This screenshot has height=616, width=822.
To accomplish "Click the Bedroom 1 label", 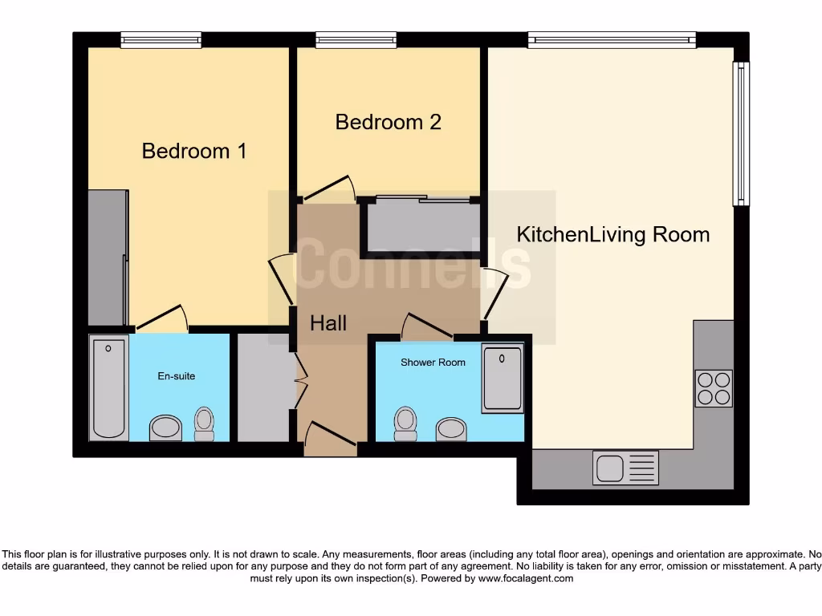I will click(x=193, y=151).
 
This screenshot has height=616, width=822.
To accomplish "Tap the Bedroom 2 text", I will click(x=388, y=122).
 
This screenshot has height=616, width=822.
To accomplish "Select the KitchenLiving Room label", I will click(x=612, y=235).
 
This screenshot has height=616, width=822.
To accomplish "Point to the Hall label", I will click(x=328, y=323).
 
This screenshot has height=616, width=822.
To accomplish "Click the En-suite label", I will click(x=175, y=375).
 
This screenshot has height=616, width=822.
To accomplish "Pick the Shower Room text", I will click(x=433, y=363).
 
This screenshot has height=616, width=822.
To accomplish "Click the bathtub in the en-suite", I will click(x=109, y=387).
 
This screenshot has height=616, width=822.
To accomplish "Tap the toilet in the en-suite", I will click(x=205, y=423).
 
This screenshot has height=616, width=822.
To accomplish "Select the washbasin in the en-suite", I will click(x=166, y=428).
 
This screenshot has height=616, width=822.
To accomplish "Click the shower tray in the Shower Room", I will click(x=503, y=378).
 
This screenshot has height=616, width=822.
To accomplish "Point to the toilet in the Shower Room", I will click(x=405, y=423).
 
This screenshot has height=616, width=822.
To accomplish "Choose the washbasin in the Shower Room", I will click(x=451, y=429).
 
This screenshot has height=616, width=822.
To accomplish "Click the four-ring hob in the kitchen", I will click(x=713, y=388).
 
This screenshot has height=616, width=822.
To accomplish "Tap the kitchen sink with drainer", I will click(x=625, y=468).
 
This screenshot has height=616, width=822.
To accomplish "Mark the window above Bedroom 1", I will click(x=161, y=39).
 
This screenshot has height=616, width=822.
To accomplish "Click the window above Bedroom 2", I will click(x=356, y=39).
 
